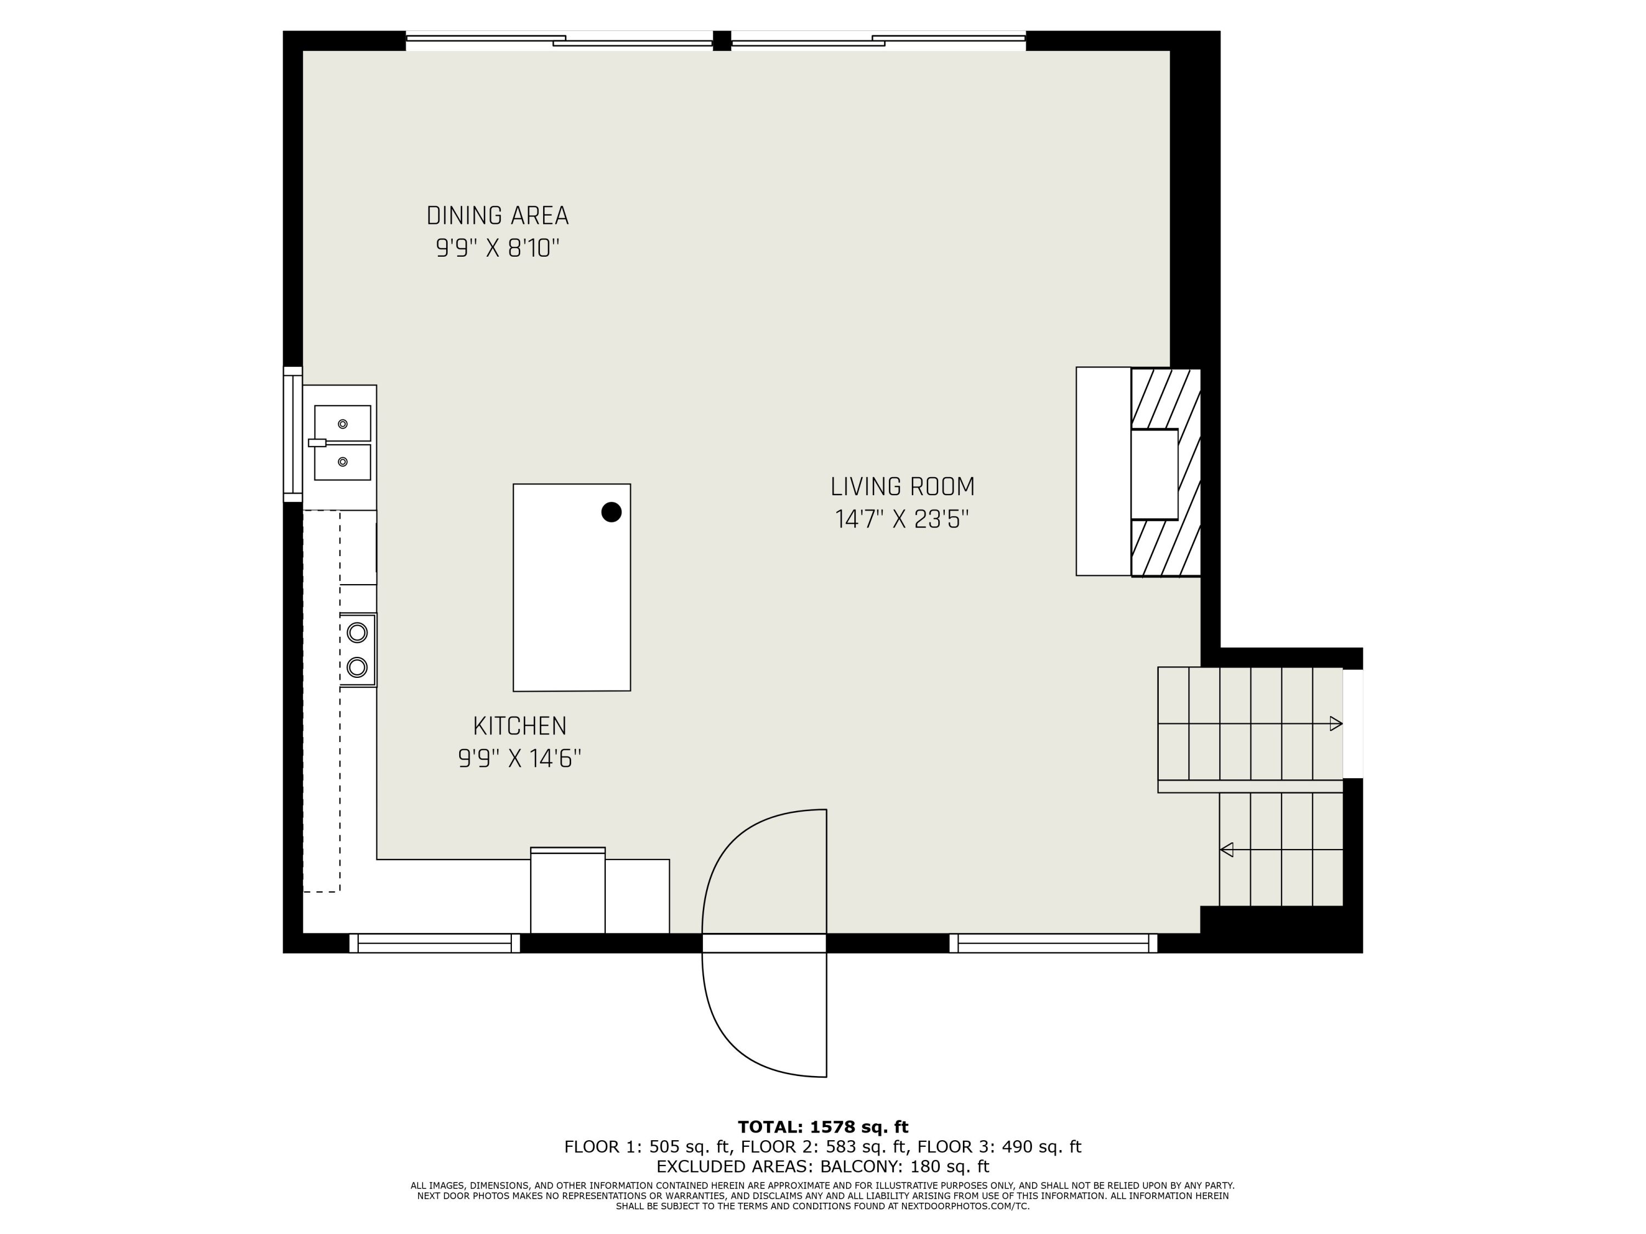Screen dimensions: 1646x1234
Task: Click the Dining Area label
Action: click(497, 216)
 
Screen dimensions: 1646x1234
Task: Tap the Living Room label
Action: click(902, 486)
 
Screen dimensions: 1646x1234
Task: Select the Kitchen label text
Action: click(520, 726)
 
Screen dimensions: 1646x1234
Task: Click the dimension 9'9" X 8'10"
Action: click(497, 248)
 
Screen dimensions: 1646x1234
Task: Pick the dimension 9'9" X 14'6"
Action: click(520, 758)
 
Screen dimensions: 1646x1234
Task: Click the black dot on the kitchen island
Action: click(611, 512)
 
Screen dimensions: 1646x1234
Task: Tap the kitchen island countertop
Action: click(572, 587)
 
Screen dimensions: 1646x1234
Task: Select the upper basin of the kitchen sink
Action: click(342, 423)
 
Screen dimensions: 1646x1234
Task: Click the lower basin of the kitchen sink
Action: click(342, 462)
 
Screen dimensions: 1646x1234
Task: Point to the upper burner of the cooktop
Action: click(357, 632)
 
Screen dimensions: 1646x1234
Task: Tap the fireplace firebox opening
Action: click(1154, 474)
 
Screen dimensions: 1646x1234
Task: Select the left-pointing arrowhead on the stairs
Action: click(1226, 850)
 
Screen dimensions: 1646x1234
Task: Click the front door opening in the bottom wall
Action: click(764, 943)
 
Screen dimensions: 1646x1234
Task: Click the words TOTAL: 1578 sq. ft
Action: click(823, 1127)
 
